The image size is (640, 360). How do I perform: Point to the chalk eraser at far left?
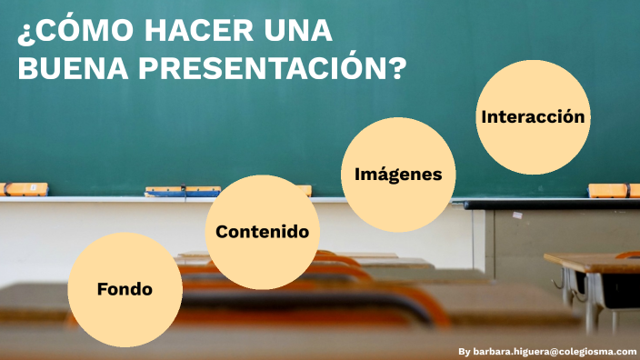click(x=24, y=189)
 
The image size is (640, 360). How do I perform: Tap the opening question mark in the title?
click(x=25, y=34)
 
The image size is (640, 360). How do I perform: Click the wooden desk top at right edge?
click(x=595, y=264)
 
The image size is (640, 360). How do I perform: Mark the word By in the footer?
click(x=465, y=350)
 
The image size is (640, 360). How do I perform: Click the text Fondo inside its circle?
click(x=125, y=289)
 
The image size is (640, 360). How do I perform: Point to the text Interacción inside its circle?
click(x=532, y=116)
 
